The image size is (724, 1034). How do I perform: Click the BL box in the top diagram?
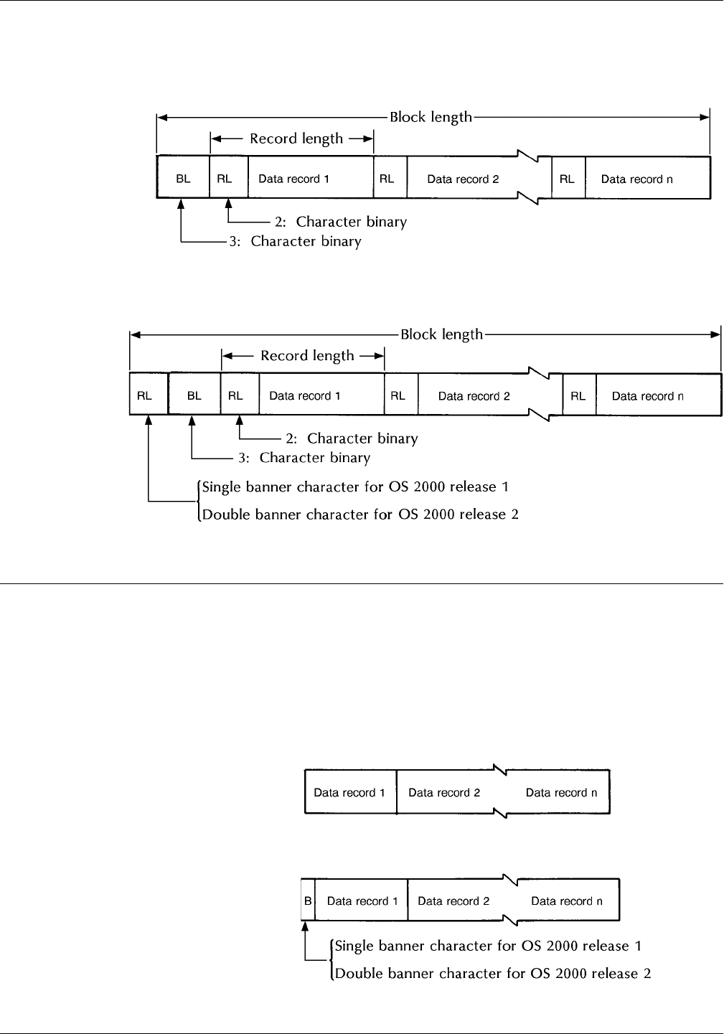tap(184, 179)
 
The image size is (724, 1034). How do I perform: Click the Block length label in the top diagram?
tap(431, 116)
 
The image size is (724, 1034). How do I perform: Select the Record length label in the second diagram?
tap(307, 355)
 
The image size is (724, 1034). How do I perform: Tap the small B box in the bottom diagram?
tap(308, 901)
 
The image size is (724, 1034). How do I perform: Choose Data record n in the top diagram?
tap(637, 179)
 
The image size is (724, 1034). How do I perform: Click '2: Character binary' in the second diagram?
tap(362, 438)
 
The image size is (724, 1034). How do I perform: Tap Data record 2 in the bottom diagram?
tap(453, 901)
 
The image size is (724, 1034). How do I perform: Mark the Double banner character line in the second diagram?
tap(361, 514)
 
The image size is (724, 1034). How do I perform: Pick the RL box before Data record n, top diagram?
tap(568, 179)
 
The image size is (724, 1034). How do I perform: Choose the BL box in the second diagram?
tap(194, 395)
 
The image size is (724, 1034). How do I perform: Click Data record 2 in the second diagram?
tap(474, 396)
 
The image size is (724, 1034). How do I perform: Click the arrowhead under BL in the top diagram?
tap(183, 205)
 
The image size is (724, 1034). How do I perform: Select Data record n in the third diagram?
tap(561, 793)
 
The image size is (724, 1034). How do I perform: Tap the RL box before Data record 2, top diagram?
tap(387, 179)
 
